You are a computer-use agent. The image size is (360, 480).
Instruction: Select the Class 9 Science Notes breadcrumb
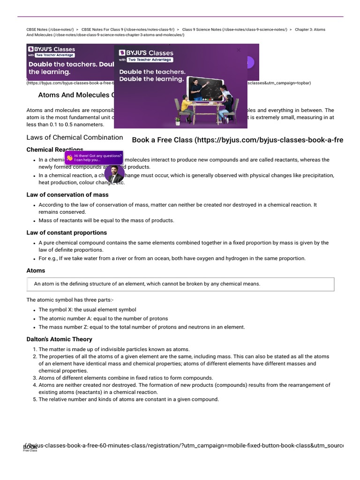234,30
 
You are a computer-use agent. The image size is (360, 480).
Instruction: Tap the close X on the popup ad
239,50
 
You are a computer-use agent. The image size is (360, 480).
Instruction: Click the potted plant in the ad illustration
178,120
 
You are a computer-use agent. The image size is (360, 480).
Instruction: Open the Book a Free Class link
237,140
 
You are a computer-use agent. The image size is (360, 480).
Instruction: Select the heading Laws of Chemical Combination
75,137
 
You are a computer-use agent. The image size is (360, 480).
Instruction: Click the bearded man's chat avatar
114,173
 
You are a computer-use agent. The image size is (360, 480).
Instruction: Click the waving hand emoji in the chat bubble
69,158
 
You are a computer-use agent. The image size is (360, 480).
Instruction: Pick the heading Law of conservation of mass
67,195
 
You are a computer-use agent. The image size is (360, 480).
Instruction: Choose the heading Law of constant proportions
67,232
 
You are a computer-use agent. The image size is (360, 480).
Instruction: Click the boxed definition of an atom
180,284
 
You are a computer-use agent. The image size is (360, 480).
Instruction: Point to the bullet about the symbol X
87,310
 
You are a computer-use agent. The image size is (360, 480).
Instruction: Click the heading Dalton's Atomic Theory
60,339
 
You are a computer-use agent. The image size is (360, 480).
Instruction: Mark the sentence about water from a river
172,258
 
